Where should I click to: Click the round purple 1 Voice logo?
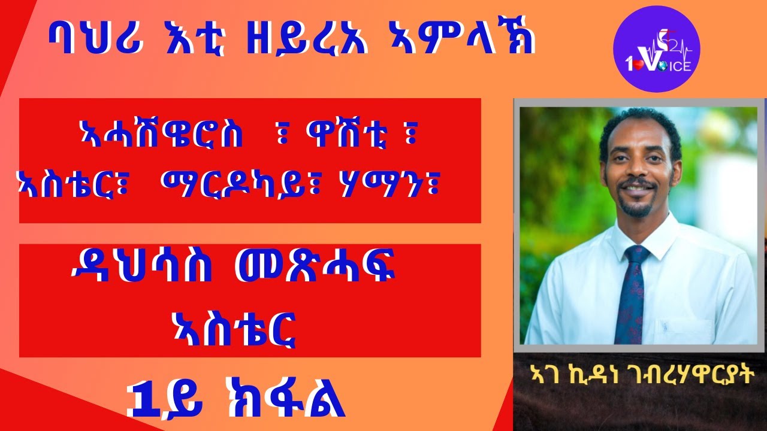coord(657,49)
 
